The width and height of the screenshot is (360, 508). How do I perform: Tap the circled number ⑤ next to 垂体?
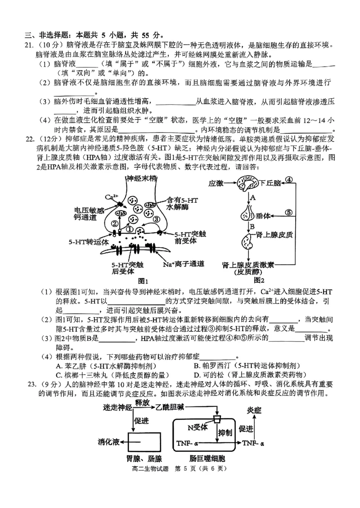pyautogui.click(x=289, y=213)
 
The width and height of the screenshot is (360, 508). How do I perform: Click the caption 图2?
pyautogui.click(x=259, y=280)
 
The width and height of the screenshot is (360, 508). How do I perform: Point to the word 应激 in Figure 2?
pyautogui.click(x=216, y=183)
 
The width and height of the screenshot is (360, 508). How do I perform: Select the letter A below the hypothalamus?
pyautogui.click(x=253, y=197)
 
